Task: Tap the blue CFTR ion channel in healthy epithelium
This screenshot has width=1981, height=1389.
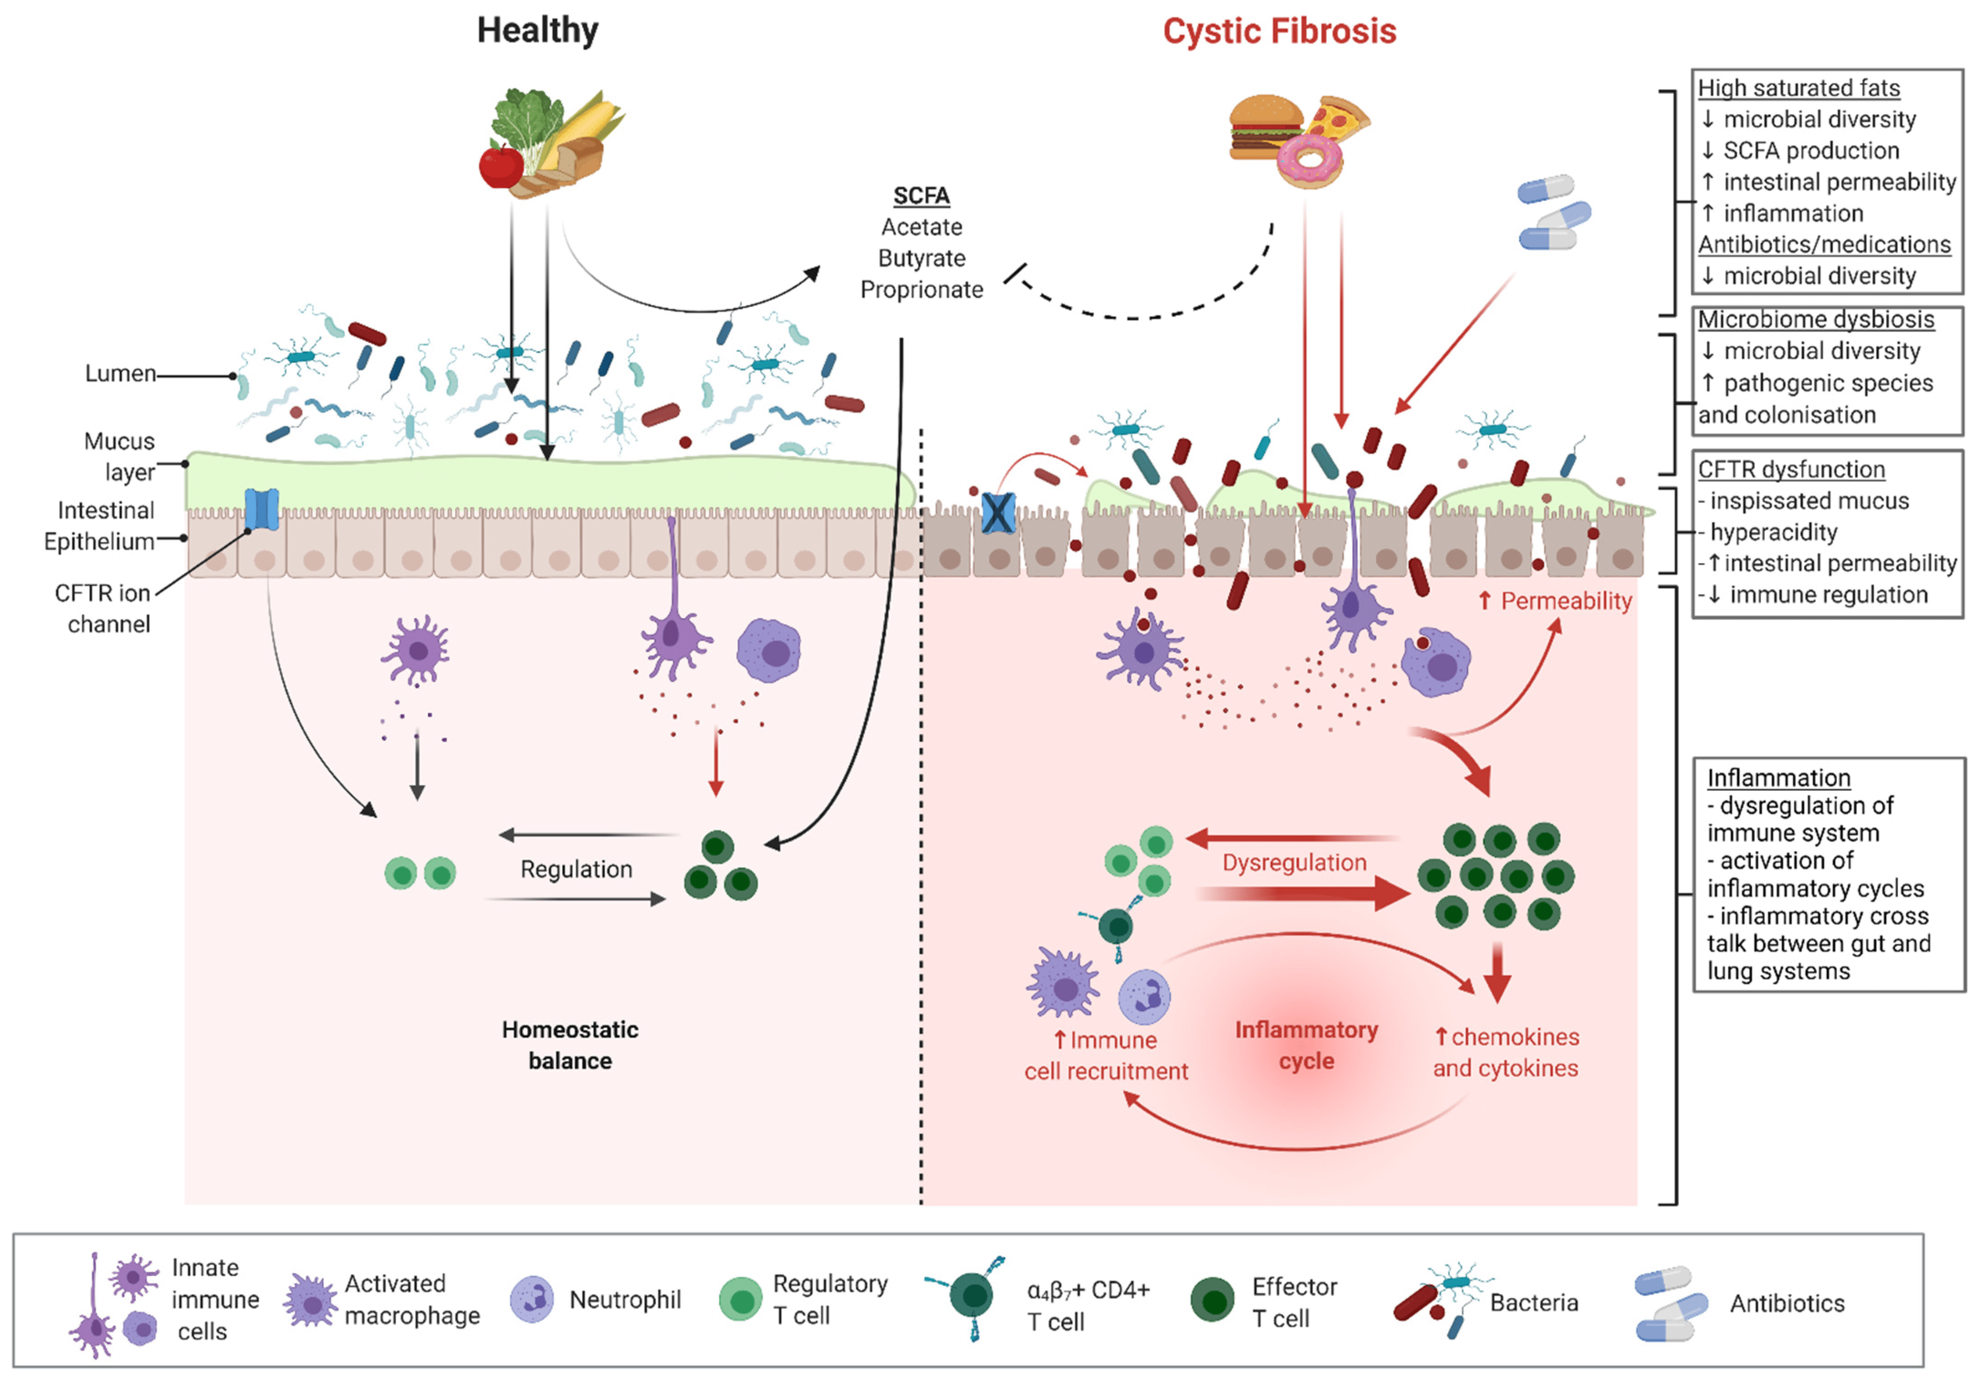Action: point(261,509)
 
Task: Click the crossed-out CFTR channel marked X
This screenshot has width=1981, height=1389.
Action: point(997,513)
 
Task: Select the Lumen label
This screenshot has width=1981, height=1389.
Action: point(120,374)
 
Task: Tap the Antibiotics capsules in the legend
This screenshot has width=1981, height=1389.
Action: point(1669,1303)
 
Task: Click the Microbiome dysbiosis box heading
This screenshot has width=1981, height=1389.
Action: point(1815,320)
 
